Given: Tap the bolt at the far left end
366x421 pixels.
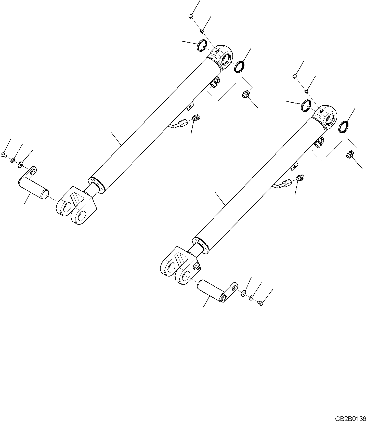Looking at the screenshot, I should [x=3, y=154].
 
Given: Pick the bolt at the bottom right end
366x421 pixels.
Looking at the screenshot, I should [x=260, y=303].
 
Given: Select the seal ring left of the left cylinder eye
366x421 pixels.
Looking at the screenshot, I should [x=201, y=45].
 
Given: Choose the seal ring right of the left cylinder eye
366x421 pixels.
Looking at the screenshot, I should [x=239, y=67].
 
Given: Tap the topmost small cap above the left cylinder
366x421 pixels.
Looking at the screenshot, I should [x=190, y=17].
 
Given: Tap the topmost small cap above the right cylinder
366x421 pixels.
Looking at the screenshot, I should [x=294, y=76].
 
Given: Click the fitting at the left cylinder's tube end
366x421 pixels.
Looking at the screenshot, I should [x=197, y=118].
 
